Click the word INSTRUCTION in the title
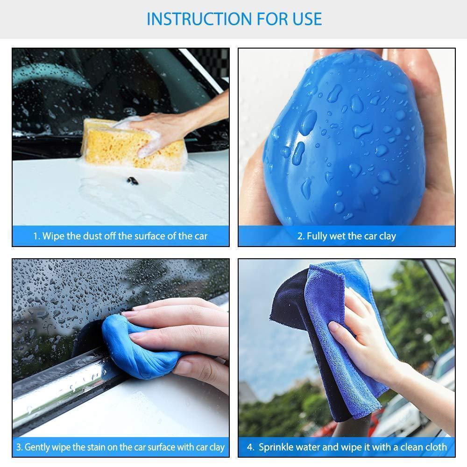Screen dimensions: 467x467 (200, 19)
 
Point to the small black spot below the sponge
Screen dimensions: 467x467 (133, 180)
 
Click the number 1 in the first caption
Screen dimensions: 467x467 (36, 236)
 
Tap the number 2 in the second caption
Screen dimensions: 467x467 (301, 236)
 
